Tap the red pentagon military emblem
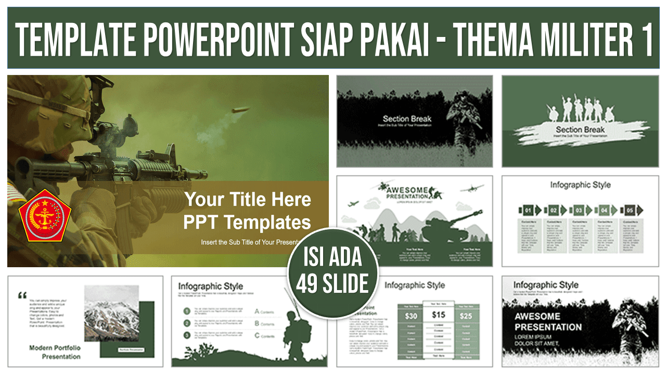click(x=45, y=215)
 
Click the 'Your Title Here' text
click(x=248, y=199)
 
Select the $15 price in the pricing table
click(x=439, y=315)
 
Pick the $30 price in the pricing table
click(x=411, y=316)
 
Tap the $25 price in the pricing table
click(x=466, y=316)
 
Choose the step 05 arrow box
click(x=631, y=210)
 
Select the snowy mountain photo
click(x=111, y=313)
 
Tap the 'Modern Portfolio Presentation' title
click(x=55, y=352)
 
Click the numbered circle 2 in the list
click(x=186, y=323)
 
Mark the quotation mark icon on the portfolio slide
click(x=22, y=295)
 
